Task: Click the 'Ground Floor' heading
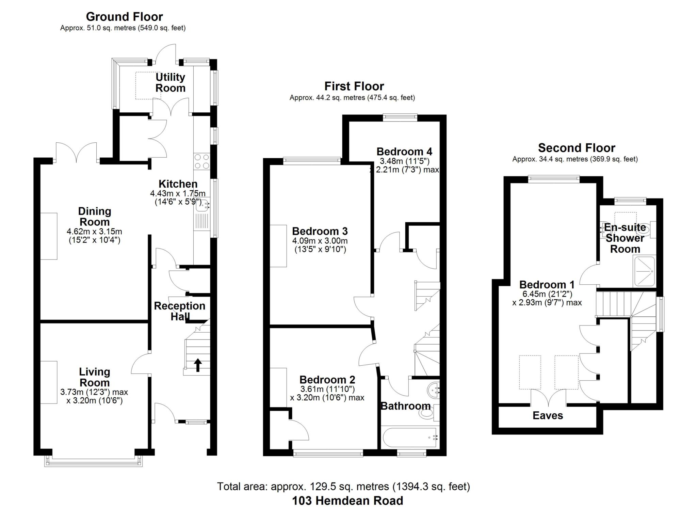pos(124,17)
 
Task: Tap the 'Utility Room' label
pos(170,82)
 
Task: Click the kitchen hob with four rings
pos(202,162)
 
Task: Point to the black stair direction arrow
pos(197,365)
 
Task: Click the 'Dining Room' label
pos(95,217)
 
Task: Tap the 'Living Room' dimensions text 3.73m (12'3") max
pos(94,392)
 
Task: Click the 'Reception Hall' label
pos(179,311)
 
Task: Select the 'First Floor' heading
pos(354,86)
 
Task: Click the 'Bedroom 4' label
pos(404,151)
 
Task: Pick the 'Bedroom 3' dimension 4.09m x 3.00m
pos(320,241)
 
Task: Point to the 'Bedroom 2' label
pos(327,379)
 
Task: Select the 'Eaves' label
pos(548,415)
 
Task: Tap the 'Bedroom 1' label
pos(547,284)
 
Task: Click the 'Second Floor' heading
pos(577,148)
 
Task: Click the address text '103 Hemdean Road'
pos(347,501)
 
